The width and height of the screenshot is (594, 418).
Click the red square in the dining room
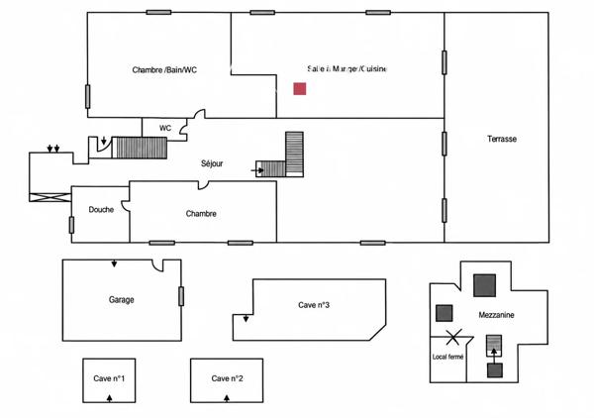[x=300, y=89]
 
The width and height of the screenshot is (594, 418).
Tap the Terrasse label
[x=502, y=139]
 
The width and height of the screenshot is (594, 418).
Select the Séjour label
[x=212, y=163]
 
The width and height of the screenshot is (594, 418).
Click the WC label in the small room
[x=165, y=128]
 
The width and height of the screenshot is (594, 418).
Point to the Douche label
[x=101, y=210]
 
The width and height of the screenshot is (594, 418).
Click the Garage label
[x=121, y=300]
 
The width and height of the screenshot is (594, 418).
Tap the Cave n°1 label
[x=109, y=378]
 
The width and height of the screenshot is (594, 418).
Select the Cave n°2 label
[x=228, y=378]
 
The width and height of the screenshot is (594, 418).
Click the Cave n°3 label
[x=314, y=305]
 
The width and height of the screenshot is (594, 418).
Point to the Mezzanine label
[x=496, y=315]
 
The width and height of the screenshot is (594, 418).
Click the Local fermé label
[x=447, y=357]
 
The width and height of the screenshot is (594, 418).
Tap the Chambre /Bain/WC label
[x=164, y=70]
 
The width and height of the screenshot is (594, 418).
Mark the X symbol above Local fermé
[x=453, y=338]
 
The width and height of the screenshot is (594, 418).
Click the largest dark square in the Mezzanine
[x=484, y=285]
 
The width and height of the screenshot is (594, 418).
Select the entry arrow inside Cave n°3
[x=246, y=318]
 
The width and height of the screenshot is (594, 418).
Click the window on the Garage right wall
[x=181, y=296]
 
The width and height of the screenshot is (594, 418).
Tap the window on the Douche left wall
[x=71, y=225]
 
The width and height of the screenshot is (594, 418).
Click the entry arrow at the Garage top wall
[x=114, y=263]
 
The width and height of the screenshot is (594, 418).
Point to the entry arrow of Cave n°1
[x=110, y=398]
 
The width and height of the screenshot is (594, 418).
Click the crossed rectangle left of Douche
[x=50, y=197]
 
